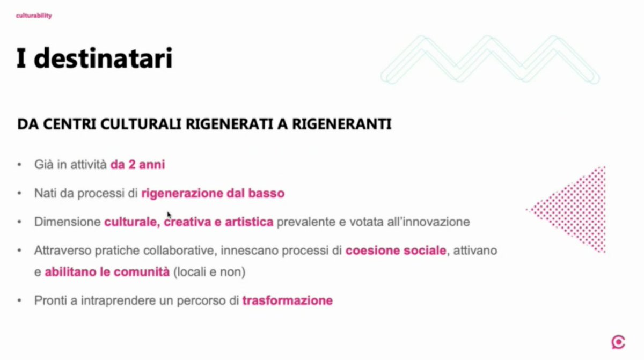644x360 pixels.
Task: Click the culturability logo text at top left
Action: click(34, 16)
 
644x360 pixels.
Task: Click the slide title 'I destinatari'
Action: click(94, 58)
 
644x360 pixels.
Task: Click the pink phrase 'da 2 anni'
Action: click(137, 165)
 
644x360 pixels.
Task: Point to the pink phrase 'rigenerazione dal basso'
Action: click(213, 193)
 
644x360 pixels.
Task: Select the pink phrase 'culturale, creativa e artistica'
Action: click(189, 222)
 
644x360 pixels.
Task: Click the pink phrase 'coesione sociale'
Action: click(396, 251)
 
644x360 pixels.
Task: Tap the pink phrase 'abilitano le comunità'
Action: click(107, 272)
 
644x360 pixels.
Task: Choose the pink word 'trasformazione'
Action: click(287, 300)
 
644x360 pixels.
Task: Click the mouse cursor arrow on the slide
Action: click(169, 215)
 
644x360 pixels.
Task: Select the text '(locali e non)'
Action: click(209, 272)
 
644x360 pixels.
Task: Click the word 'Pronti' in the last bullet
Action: click(49, 300)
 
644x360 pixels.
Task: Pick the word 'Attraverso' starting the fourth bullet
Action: click(57, 251)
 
